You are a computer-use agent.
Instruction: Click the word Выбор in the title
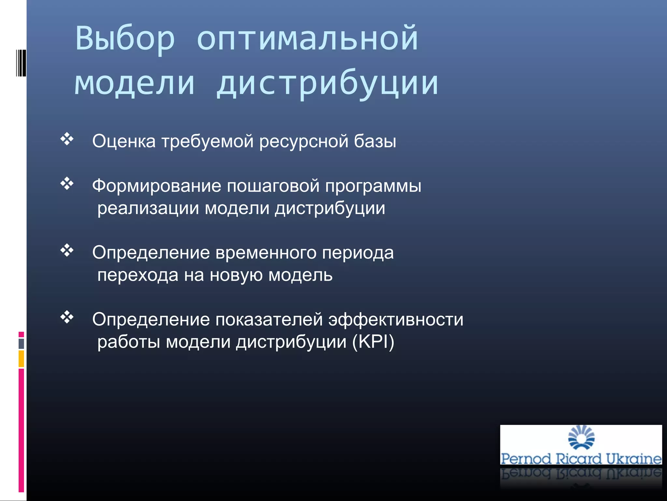[x=125, y=38]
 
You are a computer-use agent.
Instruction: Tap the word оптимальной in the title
[x=307, y=38]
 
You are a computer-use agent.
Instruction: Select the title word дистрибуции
[x=328, y=83]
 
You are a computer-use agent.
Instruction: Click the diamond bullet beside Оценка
[x=67, y=139]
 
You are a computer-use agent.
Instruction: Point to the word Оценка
[x=124, y=141]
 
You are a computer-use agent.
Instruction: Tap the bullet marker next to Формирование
[x=67, y=184]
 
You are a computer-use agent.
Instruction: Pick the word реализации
[x=148, y=209]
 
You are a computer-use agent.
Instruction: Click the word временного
[x=266, y=253]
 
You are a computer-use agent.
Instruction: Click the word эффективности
[x=395, y=320]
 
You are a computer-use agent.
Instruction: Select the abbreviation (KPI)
[x=373, y=342]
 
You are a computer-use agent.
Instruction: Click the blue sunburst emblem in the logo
[x=581, y=437]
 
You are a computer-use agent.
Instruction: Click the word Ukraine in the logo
[x=633, y=459]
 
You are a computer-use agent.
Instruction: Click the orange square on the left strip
[x=21, y=359]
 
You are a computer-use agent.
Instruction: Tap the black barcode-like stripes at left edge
[x=21, y=63]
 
